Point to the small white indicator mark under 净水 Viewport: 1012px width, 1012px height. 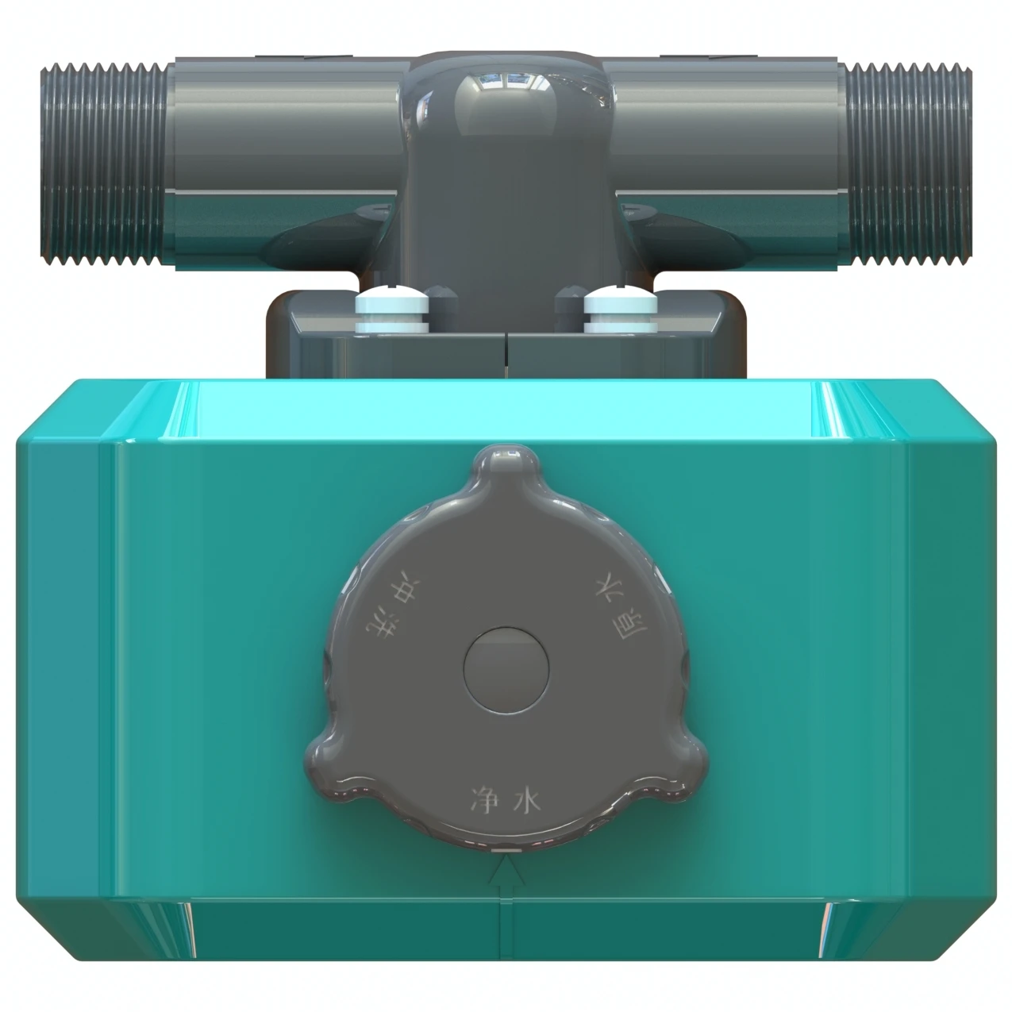[x=506, y=850]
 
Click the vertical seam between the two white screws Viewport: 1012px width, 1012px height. [x=506, y=353]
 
